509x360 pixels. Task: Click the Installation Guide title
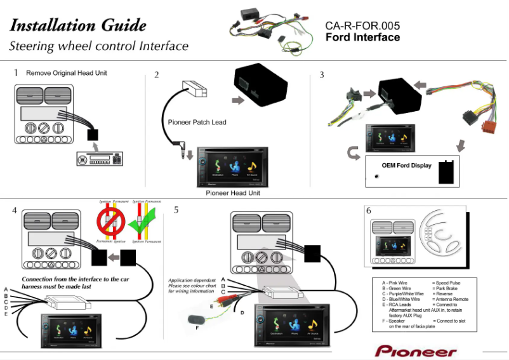(78, 25)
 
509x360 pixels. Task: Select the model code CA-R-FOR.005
(362, 26)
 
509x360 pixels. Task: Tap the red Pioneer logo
(415, 351)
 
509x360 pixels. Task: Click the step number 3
(322, 75)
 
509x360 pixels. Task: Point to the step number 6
(369, 210)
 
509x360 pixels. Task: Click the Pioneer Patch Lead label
(197, 123)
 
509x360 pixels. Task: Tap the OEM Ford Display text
(406, 165)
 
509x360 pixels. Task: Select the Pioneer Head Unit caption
(233, 192)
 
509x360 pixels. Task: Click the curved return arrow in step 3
(354, 153)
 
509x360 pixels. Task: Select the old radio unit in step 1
(101, 159)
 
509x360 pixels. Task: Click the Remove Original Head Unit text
(67, 73)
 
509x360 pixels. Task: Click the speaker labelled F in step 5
(192, 317)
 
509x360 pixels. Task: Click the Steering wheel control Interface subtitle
(98, 46)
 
